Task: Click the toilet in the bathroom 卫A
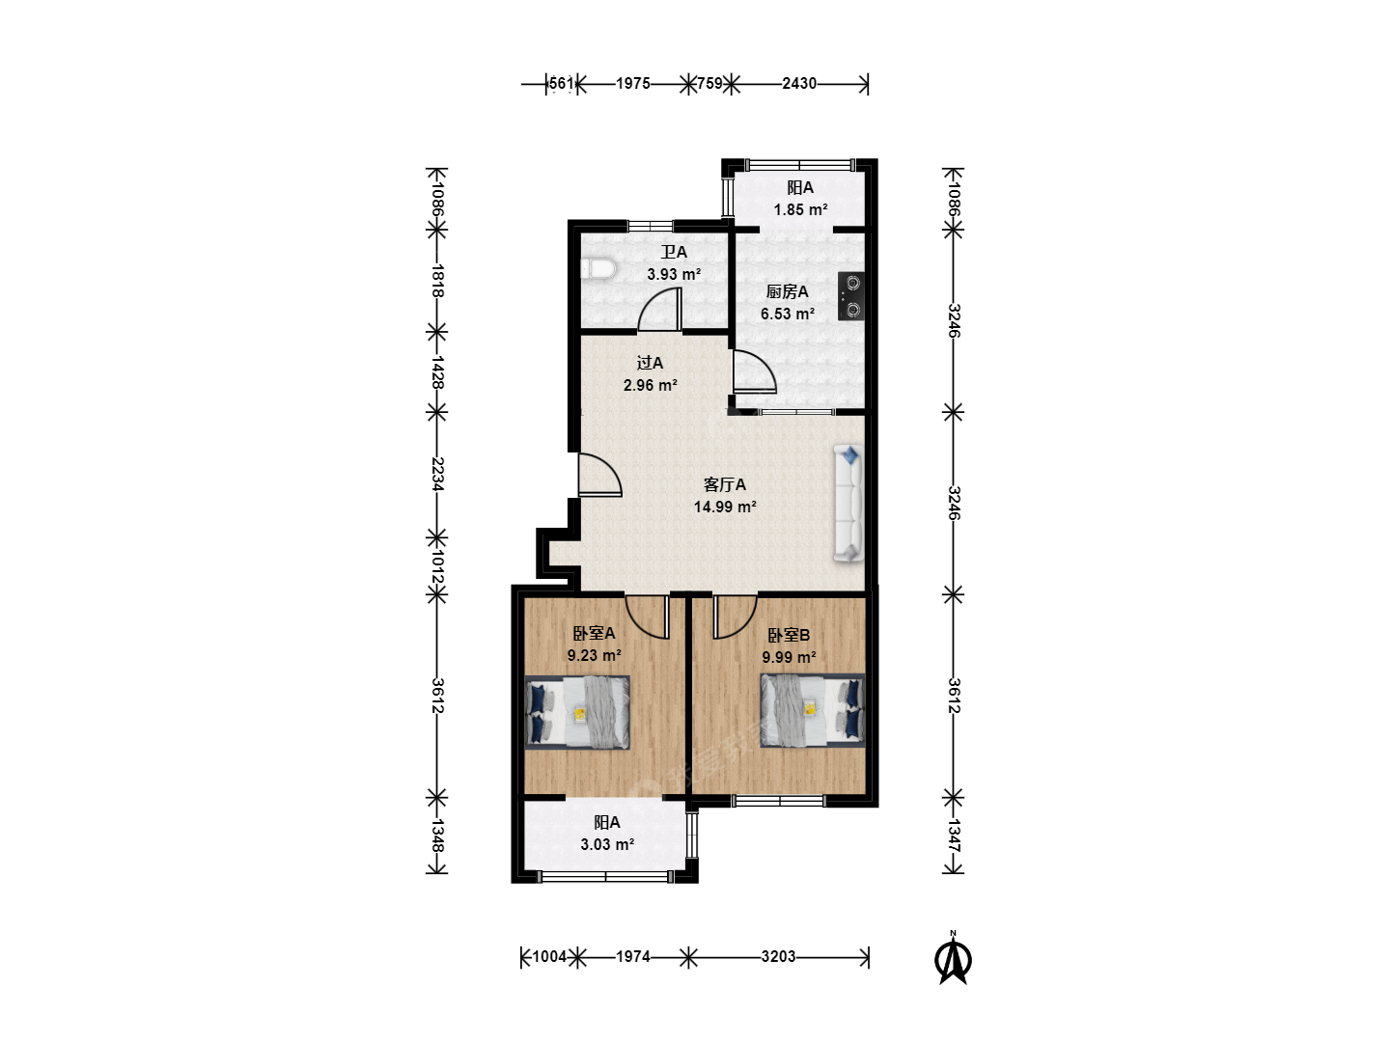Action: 598,269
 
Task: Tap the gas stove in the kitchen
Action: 851,295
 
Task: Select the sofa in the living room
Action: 848,504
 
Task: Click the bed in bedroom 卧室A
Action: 577,712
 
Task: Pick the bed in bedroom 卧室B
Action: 813,710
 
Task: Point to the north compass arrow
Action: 953,959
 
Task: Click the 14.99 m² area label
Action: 725,507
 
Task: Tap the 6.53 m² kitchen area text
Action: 787,314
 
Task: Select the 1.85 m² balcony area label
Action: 800,209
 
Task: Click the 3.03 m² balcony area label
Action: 607,844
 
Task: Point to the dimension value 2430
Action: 799,84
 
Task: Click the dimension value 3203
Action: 778,956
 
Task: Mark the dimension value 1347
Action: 955,836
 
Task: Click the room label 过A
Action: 650,363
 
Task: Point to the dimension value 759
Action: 709,84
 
